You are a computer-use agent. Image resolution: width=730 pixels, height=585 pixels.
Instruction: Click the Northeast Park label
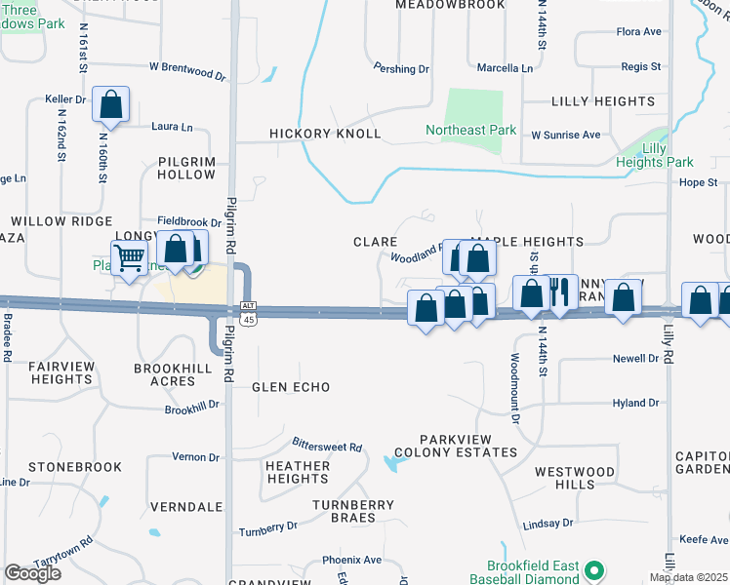coord(469,130)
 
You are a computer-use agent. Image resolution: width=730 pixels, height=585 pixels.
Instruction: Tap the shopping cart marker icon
coord(129,258)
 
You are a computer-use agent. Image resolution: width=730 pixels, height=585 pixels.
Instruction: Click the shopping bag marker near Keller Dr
coord(111,103)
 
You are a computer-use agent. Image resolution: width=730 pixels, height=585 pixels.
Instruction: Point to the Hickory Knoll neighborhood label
coord(325,135)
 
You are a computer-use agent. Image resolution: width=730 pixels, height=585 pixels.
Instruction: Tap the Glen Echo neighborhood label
coord(291,387)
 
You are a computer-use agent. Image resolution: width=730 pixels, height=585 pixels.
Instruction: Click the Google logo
coord(32,573)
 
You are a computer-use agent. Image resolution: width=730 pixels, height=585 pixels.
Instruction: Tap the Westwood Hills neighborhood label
coord(575,478)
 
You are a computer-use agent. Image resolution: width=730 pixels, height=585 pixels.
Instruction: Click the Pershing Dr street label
coord(403,69)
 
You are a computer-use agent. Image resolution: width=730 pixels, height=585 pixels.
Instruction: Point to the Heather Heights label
coord(298,472)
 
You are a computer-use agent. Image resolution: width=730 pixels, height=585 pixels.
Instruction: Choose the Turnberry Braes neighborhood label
coord(353,512)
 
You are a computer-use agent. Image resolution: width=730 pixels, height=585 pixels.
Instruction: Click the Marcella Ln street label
coord(506,68)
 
